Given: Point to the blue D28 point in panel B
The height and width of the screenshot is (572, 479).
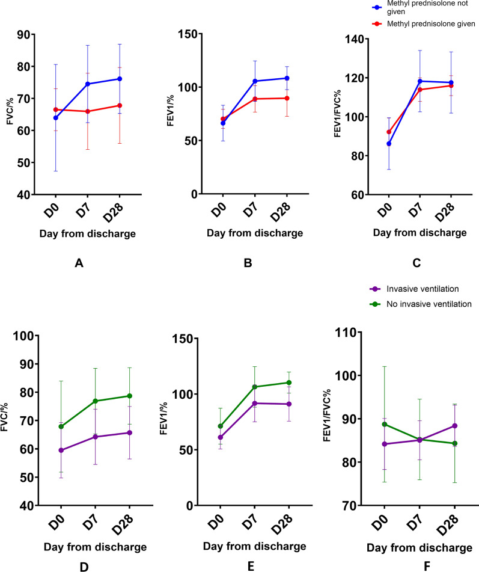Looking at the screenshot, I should click(287, 78).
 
